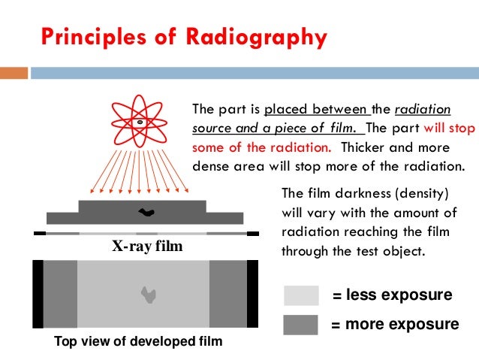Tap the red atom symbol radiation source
click(140, 122)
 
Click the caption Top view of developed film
click(138, 342)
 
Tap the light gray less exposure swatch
click(301, 295)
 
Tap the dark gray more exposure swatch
click(301, 325)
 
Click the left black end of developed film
click(38, 294)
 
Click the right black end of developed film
click(252, 294)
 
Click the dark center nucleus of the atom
click(140, 122)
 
